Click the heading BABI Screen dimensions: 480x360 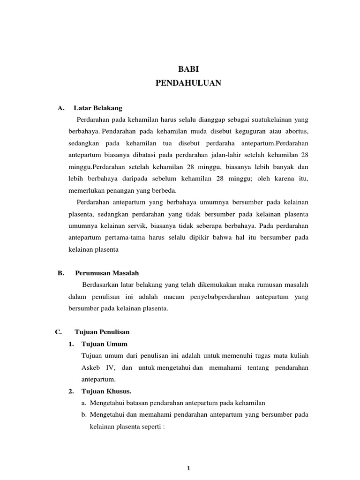[187, 69]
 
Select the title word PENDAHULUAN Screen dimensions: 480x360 [187, 83]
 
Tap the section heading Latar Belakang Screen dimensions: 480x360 [97, 108]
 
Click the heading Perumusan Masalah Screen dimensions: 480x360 [107, 273]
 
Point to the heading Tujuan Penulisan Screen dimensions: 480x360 [102, 332]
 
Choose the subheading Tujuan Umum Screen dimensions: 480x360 [104, 344]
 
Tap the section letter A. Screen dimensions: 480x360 [60, 108]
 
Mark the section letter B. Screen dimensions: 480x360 [60, 273]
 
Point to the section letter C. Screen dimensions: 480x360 [58, 332]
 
